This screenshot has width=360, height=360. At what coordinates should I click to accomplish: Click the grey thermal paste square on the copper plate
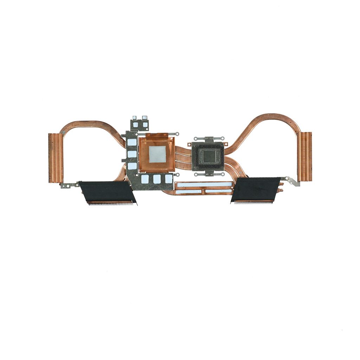(x=157, y=154)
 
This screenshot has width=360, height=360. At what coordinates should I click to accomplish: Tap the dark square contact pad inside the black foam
(x=208, y=156)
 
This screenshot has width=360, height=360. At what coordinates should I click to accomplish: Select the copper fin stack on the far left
(x=56, y=158)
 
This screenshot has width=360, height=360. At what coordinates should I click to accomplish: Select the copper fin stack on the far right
(x=304, y=157)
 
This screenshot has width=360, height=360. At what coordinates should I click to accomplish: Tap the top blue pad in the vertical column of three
(x=132, y=142)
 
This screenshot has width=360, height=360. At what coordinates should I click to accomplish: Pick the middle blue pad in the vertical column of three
(x=132, y=154)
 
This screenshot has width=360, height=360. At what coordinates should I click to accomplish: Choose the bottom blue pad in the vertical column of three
(x=132, y=166)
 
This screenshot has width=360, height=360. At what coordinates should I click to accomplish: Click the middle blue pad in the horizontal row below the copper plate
(x=157, y=179)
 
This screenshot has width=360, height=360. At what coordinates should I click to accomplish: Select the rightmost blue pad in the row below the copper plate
(x=169, y=179)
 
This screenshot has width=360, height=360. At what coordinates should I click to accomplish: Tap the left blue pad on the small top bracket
(x=135, y=124)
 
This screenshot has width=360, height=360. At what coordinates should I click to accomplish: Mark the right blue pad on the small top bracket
(x=145, y=124)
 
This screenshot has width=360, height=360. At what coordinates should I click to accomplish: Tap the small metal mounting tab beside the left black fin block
(x=69, y=185)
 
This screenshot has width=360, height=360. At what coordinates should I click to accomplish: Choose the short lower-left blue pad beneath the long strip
(x=188, y=192)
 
